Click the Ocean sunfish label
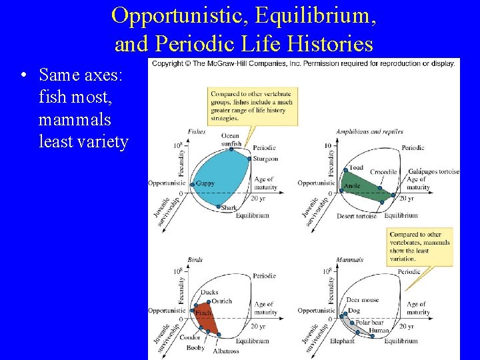230,139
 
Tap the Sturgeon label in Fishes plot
265,159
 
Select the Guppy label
205,183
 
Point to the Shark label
229,208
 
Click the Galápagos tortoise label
433,171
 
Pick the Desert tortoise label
357,215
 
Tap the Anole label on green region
352,186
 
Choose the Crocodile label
383,172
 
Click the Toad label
356,167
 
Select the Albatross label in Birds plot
226,351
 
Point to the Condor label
190,337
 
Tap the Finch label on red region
203,313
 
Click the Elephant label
342,341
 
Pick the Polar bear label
369,323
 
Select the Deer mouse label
363,301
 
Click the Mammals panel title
349,259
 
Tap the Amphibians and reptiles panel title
369,131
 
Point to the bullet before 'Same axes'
23,75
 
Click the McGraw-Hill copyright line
303,63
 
